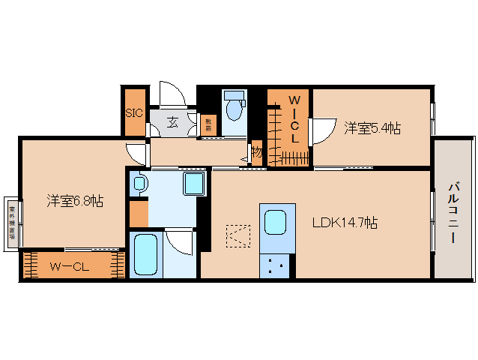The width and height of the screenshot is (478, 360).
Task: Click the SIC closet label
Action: (x=134, y=113)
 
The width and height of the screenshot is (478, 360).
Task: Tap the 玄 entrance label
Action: (x=172, y=122)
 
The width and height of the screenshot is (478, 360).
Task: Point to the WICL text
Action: (x=295, y=119)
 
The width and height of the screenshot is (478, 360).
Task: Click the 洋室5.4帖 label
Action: (x=372, y=128)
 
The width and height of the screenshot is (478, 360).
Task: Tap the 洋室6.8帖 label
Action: (x=75, y=200)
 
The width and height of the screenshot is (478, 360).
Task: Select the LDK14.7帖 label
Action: (x=345, y=223)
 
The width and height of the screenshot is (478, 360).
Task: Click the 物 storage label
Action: (x=257, y=152)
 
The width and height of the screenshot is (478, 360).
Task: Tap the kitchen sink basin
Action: (x=274, y=222)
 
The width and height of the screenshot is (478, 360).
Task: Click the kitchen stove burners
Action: (x=274, y=263)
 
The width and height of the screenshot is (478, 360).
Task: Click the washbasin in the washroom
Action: (x=139, y=183)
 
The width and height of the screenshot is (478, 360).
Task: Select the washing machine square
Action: (x=194, y=184)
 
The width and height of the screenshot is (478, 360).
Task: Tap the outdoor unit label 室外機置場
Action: (x=12, y=217)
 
